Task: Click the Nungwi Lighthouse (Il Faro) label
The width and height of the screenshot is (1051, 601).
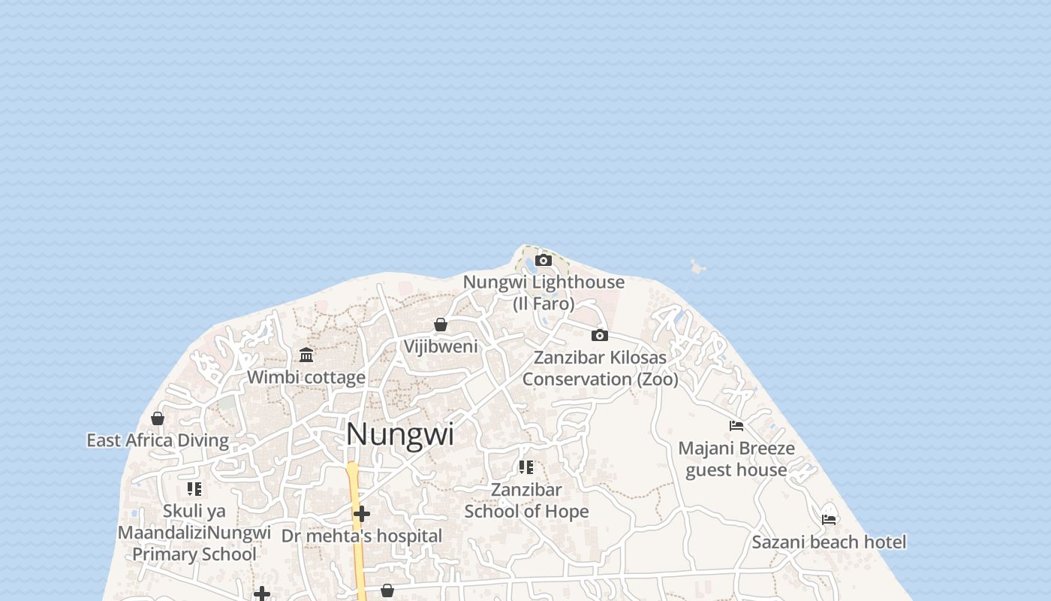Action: [544, 292]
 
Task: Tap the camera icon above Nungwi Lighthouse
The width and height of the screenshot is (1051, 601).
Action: [544, 261]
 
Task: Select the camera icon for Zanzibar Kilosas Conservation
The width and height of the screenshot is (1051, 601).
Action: [599, 335]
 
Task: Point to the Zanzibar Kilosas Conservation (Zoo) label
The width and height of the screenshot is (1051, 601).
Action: [600, 368]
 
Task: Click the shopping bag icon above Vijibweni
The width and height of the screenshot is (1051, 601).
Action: [441, 325]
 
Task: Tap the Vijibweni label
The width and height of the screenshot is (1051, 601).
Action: [441, 346]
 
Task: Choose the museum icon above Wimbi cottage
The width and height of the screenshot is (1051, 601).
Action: [306, 355]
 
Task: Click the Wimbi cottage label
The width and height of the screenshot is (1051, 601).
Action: [306, 377]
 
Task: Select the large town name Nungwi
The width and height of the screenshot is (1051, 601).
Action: [400, 434]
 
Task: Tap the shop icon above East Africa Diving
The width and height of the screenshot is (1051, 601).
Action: [158, 418]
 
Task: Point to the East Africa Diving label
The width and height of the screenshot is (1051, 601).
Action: [158, 440]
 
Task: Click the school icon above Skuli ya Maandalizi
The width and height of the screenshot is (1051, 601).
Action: [194, 489]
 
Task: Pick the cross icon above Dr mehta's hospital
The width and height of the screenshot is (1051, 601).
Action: [362, 514]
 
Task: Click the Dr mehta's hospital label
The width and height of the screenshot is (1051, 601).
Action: [362, 536]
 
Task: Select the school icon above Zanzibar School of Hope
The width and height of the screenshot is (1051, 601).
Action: [526, 467]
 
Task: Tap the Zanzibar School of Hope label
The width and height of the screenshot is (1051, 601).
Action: [526, 500]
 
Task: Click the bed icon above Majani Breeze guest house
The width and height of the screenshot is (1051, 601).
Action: [736, 426]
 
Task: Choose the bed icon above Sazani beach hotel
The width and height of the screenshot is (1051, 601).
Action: [829, 519]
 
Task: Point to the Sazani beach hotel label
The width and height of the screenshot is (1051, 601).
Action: [829, 542]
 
